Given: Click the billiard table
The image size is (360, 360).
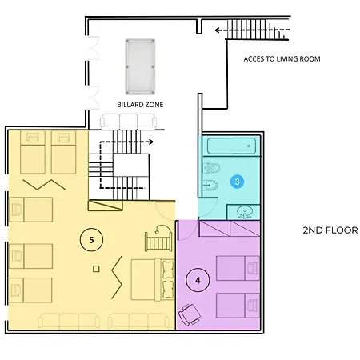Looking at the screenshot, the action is click(140, 66).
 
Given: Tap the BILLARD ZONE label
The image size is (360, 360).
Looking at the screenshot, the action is click(140, 105).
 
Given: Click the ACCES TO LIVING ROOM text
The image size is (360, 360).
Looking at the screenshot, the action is click(282, 59).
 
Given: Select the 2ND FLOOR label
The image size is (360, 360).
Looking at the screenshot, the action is click(330, 230).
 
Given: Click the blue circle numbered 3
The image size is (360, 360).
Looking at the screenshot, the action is click(237, 182).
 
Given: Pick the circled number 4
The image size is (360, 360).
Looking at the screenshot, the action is click(198, 280).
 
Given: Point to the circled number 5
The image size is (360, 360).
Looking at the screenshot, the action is click(91, 240).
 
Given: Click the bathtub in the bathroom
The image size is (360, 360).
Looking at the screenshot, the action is click(231, 146).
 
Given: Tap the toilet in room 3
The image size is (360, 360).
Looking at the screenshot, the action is click(211, 168).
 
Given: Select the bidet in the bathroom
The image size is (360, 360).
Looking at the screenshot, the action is click(210, 185).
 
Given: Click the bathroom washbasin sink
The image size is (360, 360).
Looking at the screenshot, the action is click(244, 212).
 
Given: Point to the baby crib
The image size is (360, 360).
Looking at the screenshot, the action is click(158, 238).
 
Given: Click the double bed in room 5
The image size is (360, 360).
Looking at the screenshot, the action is click(153, 279).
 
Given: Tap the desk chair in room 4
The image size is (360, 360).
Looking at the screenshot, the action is click(190, 314).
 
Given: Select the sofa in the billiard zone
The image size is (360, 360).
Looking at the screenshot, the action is click(128, 122).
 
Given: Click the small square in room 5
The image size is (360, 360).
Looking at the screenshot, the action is click(96, 269).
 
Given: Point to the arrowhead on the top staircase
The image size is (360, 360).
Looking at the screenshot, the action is click(218, 30).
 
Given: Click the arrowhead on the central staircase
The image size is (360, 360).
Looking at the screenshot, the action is click(151, 142).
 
